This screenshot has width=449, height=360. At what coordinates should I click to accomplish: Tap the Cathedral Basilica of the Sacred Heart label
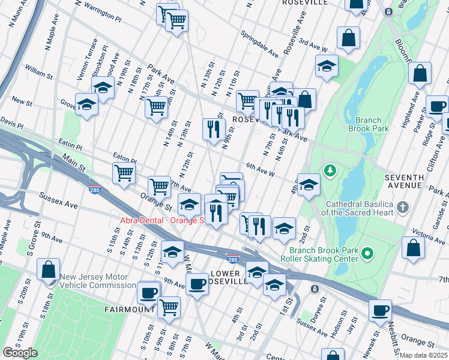357,208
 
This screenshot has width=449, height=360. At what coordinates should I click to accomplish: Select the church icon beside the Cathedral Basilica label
402,208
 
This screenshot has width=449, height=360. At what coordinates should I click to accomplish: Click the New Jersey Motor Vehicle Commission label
97,281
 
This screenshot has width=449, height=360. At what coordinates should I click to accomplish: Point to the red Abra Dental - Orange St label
162,220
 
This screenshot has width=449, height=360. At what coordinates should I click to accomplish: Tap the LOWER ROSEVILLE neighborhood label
230,277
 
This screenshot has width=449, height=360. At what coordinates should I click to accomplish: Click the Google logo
20,353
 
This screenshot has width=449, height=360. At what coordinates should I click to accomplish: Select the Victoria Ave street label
424,233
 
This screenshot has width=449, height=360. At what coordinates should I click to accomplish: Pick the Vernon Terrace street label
94,55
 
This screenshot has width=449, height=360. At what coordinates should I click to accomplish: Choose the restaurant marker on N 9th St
213,128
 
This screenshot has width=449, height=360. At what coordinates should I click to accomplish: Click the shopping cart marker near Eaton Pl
124,173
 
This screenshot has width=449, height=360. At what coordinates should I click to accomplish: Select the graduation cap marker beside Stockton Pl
103,87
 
